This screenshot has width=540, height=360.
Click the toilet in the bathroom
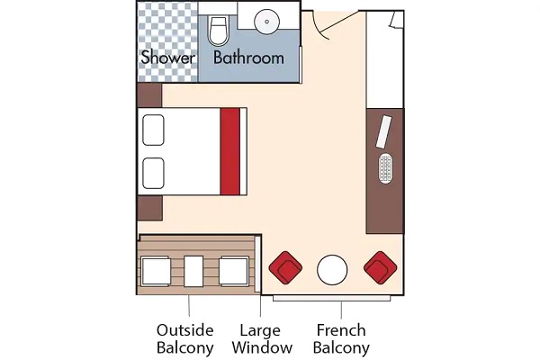pos(219,31)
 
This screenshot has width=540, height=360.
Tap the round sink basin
pos(266,22)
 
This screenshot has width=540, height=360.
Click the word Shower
pos(167,58)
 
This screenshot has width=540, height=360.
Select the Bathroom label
pos(248,58)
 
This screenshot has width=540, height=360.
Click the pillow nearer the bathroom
pos(153,130)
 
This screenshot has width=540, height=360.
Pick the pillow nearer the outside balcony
pos(153,174)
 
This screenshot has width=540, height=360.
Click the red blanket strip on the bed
pos(230,151)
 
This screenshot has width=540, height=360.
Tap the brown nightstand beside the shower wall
pos(149,95)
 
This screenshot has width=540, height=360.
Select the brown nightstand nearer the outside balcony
pos(149,208)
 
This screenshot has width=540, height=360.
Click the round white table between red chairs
pos(332,270)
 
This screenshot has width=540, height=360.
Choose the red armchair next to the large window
pos(285,267)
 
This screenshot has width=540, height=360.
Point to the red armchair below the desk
pos(380,267)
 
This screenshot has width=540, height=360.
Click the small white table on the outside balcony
pos(193,271)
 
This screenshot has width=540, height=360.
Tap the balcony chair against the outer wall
pos(156,271)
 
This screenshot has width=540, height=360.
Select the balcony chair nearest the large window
pos(234,271)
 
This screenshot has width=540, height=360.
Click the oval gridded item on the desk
pos(385,168)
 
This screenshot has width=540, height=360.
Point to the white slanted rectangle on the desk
pos(384,132)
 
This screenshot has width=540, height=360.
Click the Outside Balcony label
pos(184,339)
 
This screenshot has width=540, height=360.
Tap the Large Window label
pos(262,339)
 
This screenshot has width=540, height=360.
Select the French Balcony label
pos(341,339)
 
